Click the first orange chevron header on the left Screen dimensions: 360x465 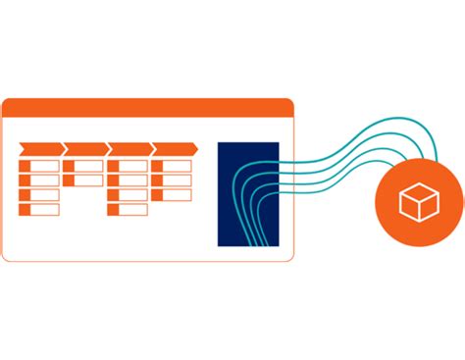(x=39, y=149)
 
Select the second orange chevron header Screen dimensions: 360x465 (x=84, y=149)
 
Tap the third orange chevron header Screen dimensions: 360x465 (x=129, y=149)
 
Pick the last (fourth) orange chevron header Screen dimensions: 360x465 (x=175, y=149)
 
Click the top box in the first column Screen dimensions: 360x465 (x=39, y=166)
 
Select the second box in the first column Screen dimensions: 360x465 (x=39, y=180)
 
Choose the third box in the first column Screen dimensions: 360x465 (x=39, y=194)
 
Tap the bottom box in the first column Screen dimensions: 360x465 (x=39, y=209)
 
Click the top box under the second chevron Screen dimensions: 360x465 (x=83, y=166)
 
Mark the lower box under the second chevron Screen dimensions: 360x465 (x=83, y=180)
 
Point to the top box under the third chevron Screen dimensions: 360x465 (x=128, y=166)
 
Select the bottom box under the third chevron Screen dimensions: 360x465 (x=128, y=209)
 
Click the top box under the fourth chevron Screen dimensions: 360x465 (x=172, y=166)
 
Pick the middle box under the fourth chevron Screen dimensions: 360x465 (x=172, y=180)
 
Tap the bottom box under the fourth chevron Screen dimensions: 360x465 (x=172, y=194)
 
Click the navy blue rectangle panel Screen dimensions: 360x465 (x=248, y=193)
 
